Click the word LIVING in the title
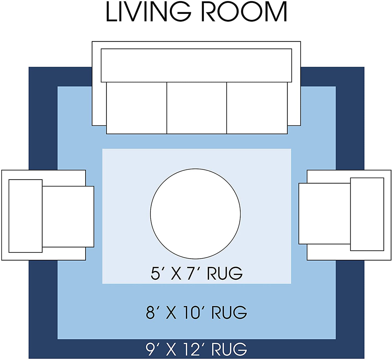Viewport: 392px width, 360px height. click(x=148, y=12)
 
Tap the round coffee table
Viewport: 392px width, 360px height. click(x=195, y=214)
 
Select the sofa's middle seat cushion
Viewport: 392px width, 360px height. click(x=196, y=108)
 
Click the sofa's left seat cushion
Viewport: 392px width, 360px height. click(x=136, y=108)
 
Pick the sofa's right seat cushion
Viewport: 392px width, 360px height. click(x=257, y=108)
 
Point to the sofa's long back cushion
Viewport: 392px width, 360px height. click(x=196, y=65)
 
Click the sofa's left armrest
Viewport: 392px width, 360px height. click(x=99, y=103)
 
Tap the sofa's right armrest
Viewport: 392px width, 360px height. click(x=294, y=103)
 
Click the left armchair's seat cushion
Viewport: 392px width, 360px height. click(x=68, y=216)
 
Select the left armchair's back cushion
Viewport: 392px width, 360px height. click(x=26, y=216)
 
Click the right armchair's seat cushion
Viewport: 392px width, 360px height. click(x=324, y=213)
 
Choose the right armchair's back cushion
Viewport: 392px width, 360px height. click(x=367, y=214)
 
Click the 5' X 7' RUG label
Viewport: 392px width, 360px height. click(x=196, y=273)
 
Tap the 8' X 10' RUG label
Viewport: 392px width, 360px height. click(x=196, y=312)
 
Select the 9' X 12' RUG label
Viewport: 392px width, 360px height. click(x=196, y=349)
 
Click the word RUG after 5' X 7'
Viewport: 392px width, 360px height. click(x=225, y=273)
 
